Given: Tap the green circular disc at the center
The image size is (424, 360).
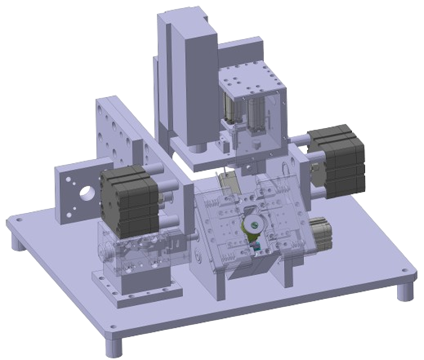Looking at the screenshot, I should point(252,224).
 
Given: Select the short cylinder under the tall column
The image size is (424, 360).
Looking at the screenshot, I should point(199,150).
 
